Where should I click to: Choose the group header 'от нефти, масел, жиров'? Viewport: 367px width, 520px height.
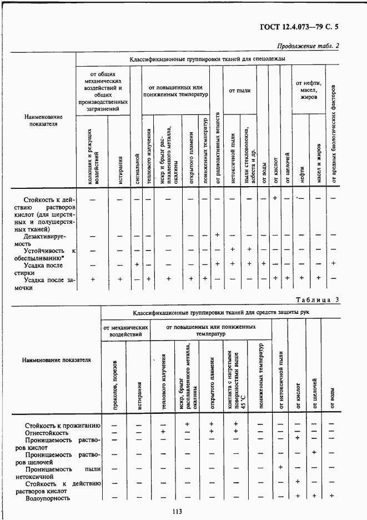coord(309,90)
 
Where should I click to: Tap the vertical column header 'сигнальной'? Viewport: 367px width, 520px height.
coord(135,167)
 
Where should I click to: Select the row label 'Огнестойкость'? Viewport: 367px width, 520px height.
coord(47,432)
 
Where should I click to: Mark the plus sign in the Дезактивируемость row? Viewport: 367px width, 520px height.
coord(217,234)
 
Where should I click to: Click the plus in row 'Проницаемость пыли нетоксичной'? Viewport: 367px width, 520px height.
coord(280,467)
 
